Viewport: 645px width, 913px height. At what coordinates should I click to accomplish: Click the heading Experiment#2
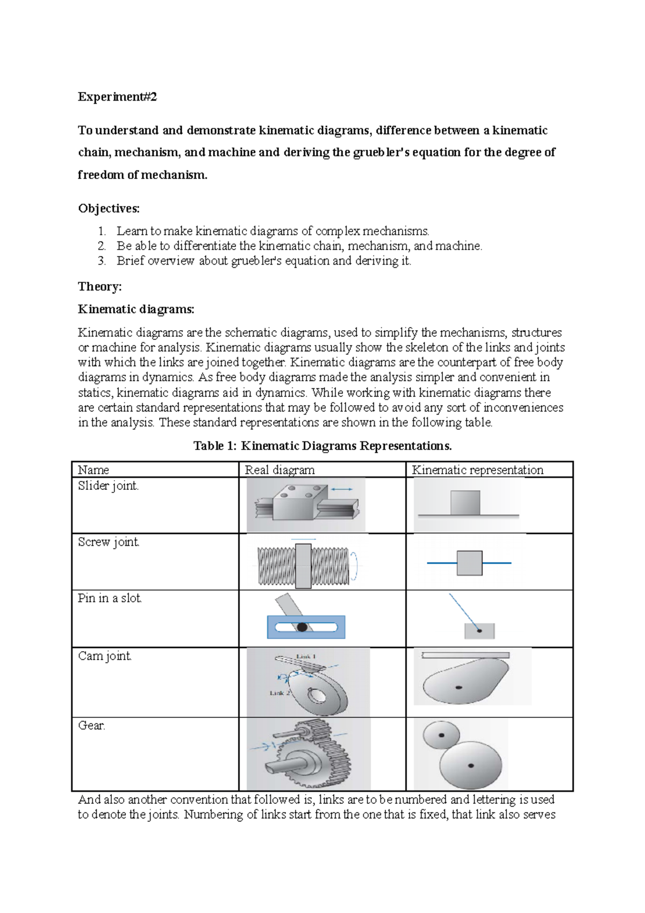click(x=117, y=97)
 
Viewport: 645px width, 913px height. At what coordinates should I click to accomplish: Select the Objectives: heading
click(x=109, y=208)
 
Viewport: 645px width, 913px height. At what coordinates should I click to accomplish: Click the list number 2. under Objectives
click(x=102, y=246)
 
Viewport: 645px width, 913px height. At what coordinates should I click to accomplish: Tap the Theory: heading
click(x=99, y=287)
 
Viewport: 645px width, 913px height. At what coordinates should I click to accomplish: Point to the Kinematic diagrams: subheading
click(x=136, y=309)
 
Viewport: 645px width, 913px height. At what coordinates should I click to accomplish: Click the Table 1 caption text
click(x=322, y=446)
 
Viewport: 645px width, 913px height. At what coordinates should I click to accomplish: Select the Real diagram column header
click(x=279, y=470)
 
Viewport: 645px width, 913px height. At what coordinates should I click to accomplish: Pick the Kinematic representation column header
click(x=477, y=470)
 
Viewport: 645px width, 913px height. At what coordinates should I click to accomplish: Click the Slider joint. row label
click(x=108, y=486)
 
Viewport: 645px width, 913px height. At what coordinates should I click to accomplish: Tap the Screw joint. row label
click(x=109, y=542)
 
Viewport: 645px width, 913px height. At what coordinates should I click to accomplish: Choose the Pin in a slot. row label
click(x=110, y=598)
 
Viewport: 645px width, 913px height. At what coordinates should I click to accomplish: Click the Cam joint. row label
click(x=104, y=657)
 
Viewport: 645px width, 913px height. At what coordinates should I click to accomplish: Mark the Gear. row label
click(x=91, y=726)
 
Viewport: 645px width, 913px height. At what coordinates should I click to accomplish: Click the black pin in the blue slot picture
click(x=302, y=627)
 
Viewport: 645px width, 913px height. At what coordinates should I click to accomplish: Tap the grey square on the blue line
click(x=469, y=563)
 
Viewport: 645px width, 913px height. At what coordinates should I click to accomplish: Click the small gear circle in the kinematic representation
click(x=441, y=735)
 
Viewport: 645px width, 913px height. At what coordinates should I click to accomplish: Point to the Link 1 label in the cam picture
click(x=306, y=657)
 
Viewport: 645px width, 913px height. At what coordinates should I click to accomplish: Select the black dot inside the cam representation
click(x=458, y=687)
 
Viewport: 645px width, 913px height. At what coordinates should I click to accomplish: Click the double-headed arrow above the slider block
click(x=342, y=489)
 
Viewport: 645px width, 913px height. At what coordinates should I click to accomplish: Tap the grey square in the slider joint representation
click(x=465, y=502)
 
